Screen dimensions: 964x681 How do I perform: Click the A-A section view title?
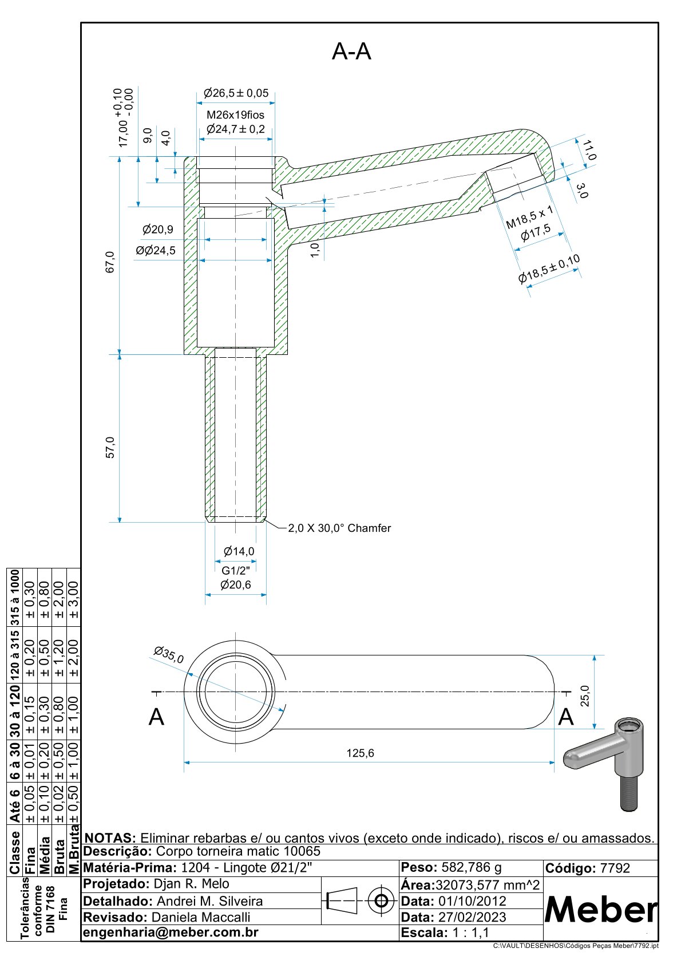click(x=351, y=52)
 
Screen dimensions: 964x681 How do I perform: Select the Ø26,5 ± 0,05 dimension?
click(x=236, y=93)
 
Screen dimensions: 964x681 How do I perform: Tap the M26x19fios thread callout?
click(x=235, y=115)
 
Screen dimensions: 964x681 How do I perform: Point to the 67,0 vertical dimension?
click(x=110, y=262)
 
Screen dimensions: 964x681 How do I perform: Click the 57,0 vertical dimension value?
click(x=110, y=447)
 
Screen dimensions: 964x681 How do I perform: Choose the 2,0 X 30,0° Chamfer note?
click(x=339, y=528)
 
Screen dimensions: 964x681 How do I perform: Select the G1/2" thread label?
click(x=236, y=571)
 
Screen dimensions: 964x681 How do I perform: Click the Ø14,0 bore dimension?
click(x=239, y=551)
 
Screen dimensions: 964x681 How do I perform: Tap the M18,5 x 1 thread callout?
click(x=530, y=218)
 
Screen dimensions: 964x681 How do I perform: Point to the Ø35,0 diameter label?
click(x=169, y=654)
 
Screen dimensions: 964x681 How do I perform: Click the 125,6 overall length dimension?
click(x=360, y=753)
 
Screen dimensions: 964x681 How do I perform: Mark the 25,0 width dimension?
click(x=585, y=696)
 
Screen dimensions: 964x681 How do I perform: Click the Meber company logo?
click(x=600, y=909)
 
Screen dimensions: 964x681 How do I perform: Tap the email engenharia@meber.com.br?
click(x=171, y=932)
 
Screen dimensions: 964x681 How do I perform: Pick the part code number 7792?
click(x=615, y=868)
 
